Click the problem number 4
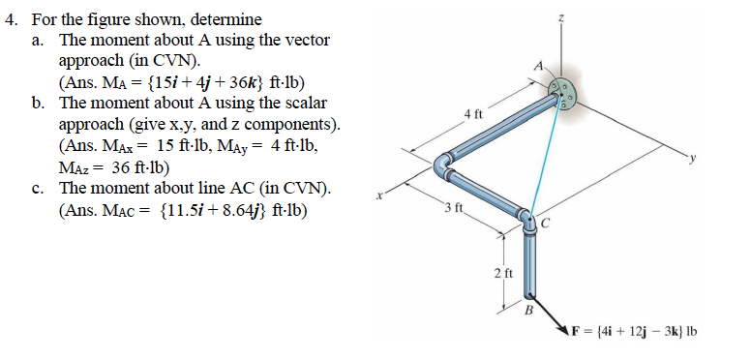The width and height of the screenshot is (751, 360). (12, 18)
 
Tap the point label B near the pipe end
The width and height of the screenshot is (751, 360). (528, 311)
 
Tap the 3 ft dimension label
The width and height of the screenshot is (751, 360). (455, 209)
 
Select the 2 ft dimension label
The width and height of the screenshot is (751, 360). (499, 274)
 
